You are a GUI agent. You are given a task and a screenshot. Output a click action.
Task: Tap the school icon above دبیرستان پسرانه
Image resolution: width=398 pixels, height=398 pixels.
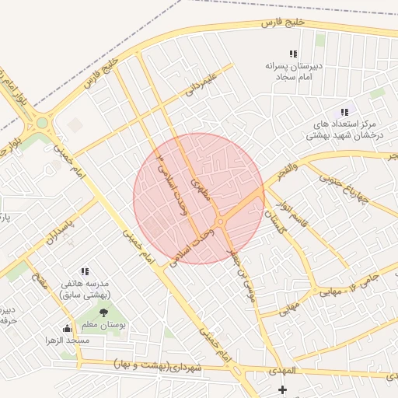(293, 54)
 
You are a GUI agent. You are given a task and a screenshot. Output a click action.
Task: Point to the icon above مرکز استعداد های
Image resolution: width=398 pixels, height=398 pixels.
(344, 113)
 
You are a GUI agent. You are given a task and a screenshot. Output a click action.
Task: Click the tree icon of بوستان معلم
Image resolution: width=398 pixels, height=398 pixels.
(104, 312)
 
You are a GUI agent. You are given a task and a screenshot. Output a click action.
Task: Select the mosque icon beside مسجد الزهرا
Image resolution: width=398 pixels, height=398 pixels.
(67, 328)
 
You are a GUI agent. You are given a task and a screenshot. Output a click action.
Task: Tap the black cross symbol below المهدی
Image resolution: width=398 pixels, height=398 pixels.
(282, 389)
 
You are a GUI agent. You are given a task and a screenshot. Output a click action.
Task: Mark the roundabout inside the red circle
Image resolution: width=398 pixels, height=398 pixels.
(222, 222)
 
